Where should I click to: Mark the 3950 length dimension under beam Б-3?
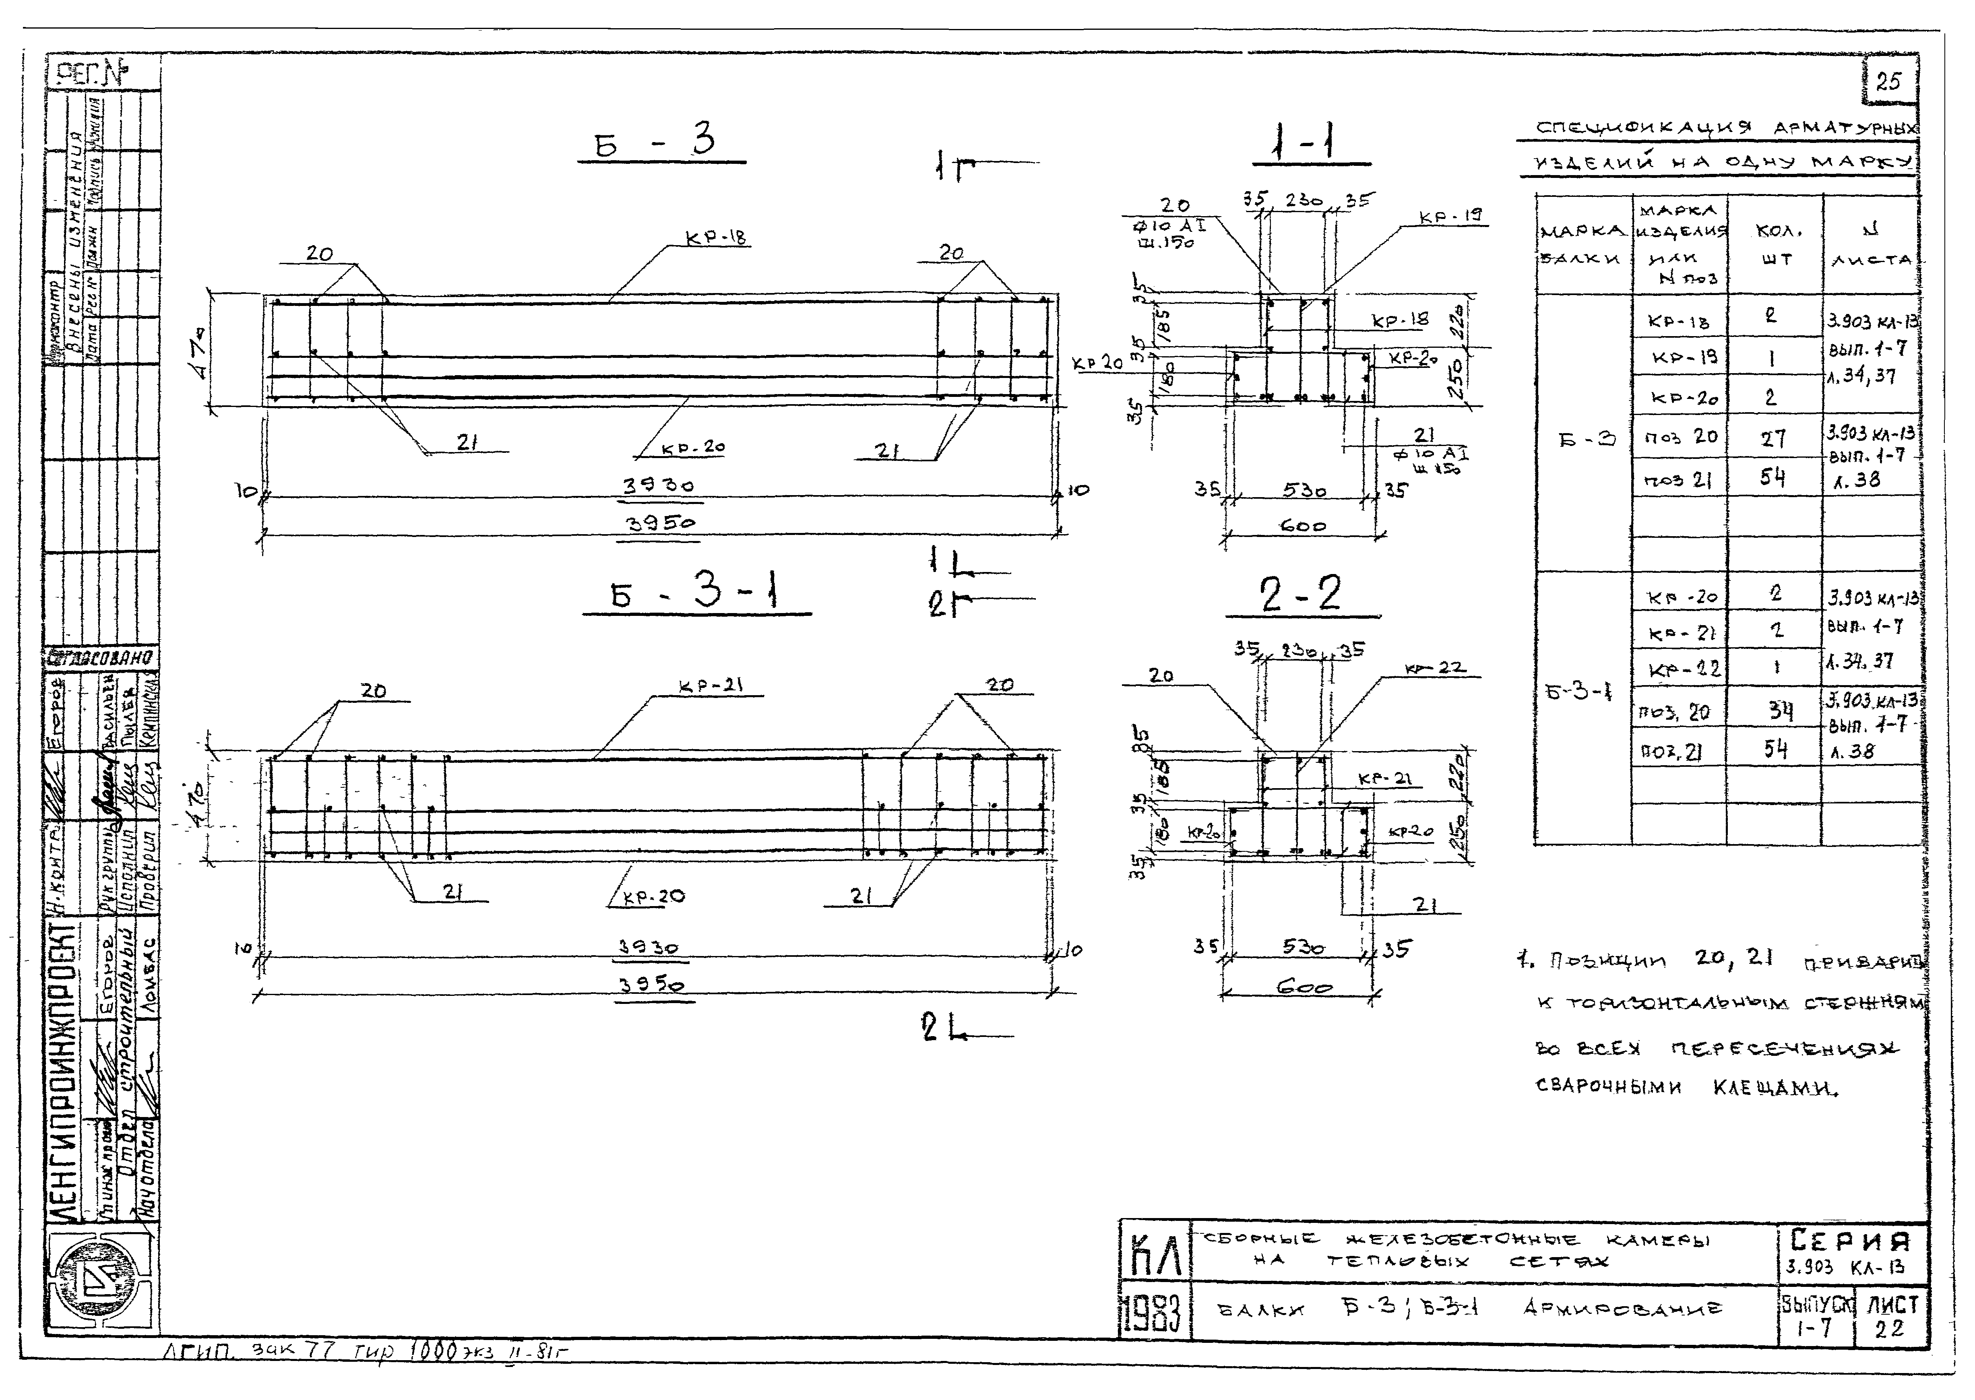click(659, 523)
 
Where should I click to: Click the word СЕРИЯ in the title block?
click(1850, 1241)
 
